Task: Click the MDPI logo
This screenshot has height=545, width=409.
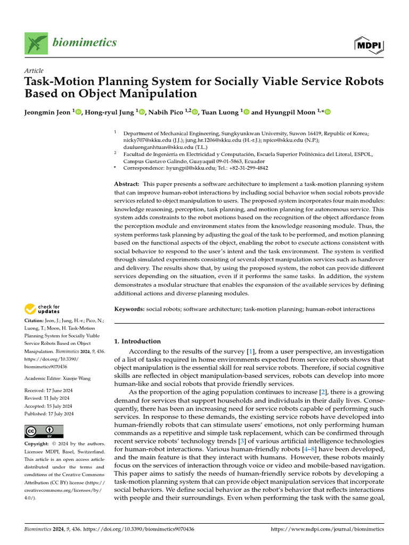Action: pos(369,45)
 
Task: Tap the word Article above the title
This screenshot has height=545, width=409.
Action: pos(34,71)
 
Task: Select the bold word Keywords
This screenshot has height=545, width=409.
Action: pos(129,309)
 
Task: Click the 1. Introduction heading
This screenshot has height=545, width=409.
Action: pos(137,341)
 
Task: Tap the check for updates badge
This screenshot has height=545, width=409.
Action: pos(42,308)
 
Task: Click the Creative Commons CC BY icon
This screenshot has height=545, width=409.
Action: pos(44,431)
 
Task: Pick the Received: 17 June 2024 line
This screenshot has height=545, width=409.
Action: pos(49,390)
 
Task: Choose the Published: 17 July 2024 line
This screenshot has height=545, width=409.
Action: pos(49,414)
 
